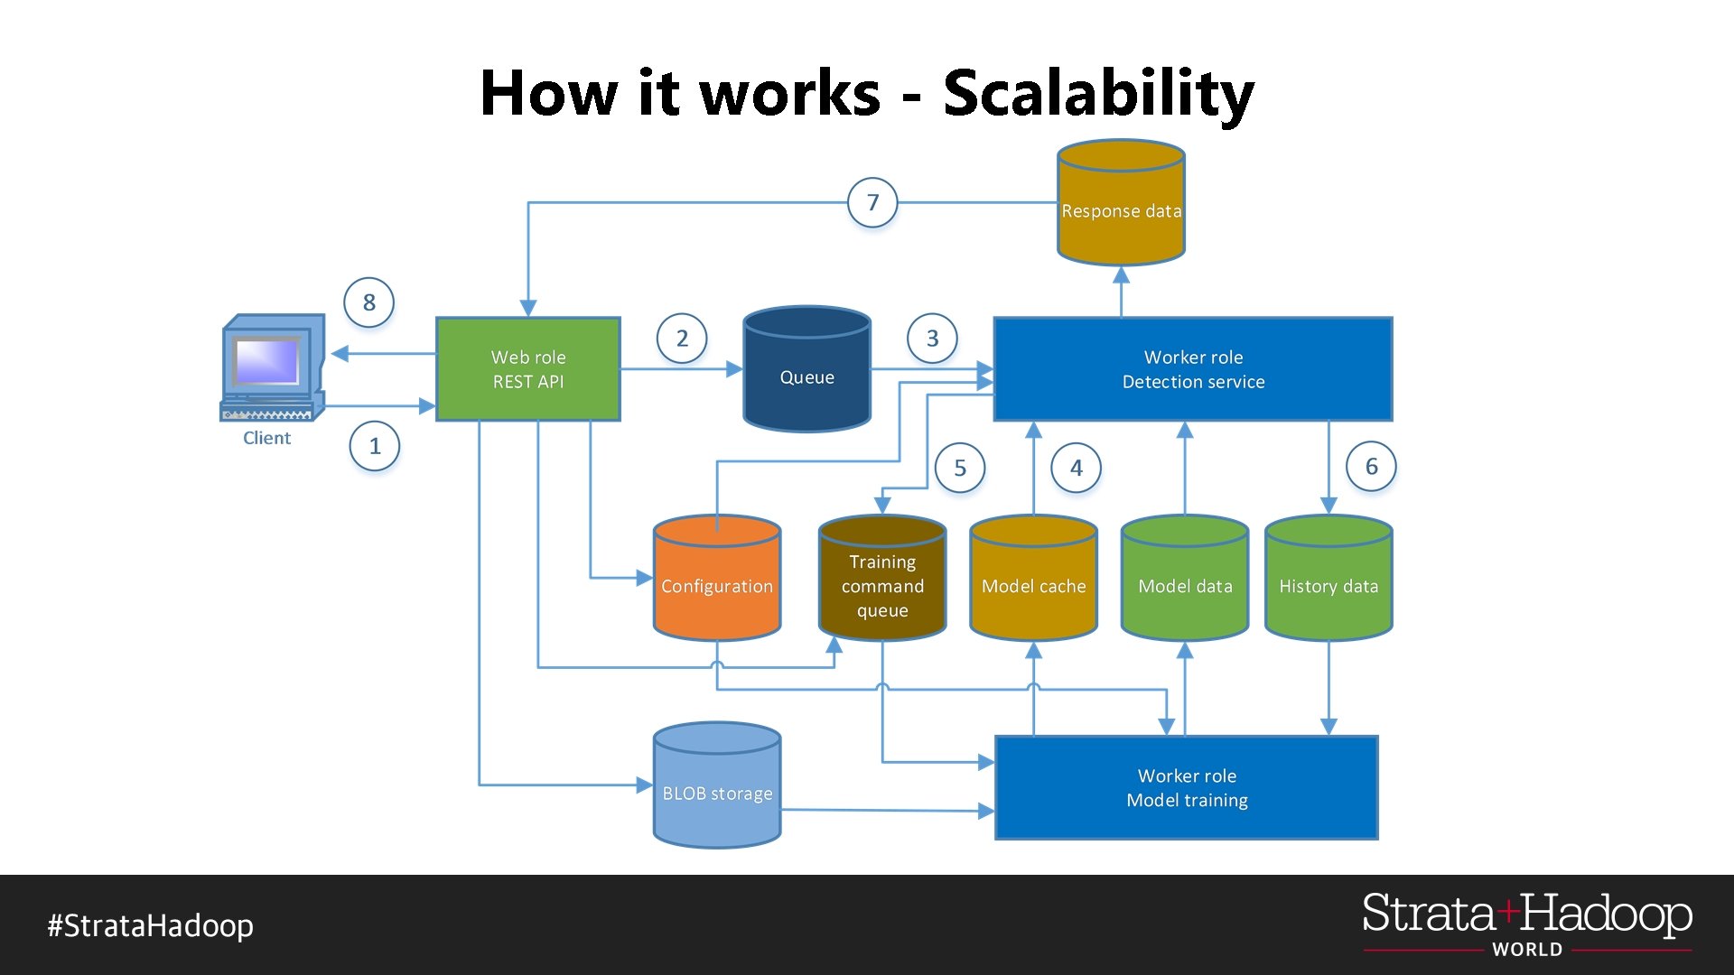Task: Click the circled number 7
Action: coord(872,203)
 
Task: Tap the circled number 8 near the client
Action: coord(369,302)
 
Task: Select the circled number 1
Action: coord(375,446)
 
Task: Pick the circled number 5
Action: coord(960,468)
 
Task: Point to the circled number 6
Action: coord(1371,467)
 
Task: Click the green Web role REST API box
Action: coord(528,369)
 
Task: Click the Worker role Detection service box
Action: coord(1193,369)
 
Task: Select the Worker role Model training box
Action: coord(1187,788)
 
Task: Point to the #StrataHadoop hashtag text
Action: coord(151,925)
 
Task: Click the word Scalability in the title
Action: coord(1098,93)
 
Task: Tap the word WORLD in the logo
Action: coord(1527,950)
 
